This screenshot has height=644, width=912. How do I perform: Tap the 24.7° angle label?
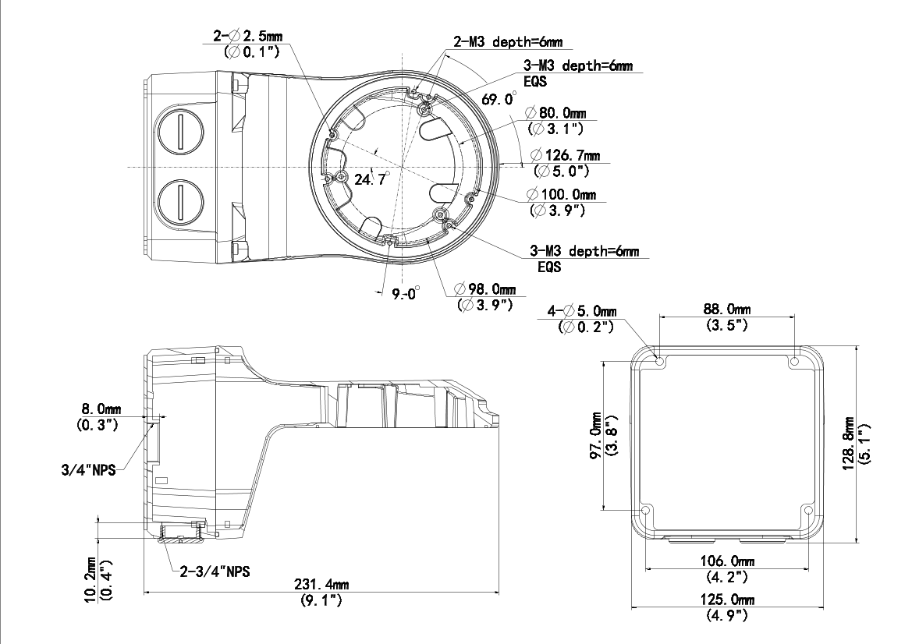coord(371,179)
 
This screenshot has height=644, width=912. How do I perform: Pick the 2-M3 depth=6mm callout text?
coord(509,42)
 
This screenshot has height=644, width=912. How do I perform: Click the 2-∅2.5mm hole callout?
coord(248,36)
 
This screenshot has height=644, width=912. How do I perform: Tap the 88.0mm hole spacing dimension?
coord(727,310)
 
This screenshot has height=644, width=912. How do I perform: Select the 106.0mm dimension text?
coord(726,561)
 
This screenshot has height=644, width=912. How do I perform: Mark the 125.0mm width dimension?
coord(727,600)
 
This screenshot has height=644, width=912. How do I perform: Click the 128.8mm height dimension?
coord(849,443)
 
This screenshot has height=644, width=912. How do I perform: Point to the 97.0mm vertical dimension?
coord(595,436)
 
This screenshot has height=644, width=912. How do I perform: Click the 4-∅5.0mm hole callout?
coord(582,311)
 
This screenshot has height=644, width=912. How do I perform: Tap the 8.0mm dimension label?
coord(98,409)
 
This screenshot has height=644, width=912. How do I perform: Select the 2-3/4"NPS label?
coord(215,572)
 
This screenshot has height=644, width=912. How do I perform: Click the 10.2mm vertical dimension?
coord(90,579)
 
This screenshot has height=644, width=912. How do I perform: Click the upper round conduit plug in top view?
coord(180,133)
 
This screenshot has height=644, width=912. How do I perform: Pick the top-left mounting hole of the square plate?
coord(659,362)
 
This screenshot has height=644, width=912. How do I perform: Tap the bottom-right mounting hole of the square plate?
coord(807,511)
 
